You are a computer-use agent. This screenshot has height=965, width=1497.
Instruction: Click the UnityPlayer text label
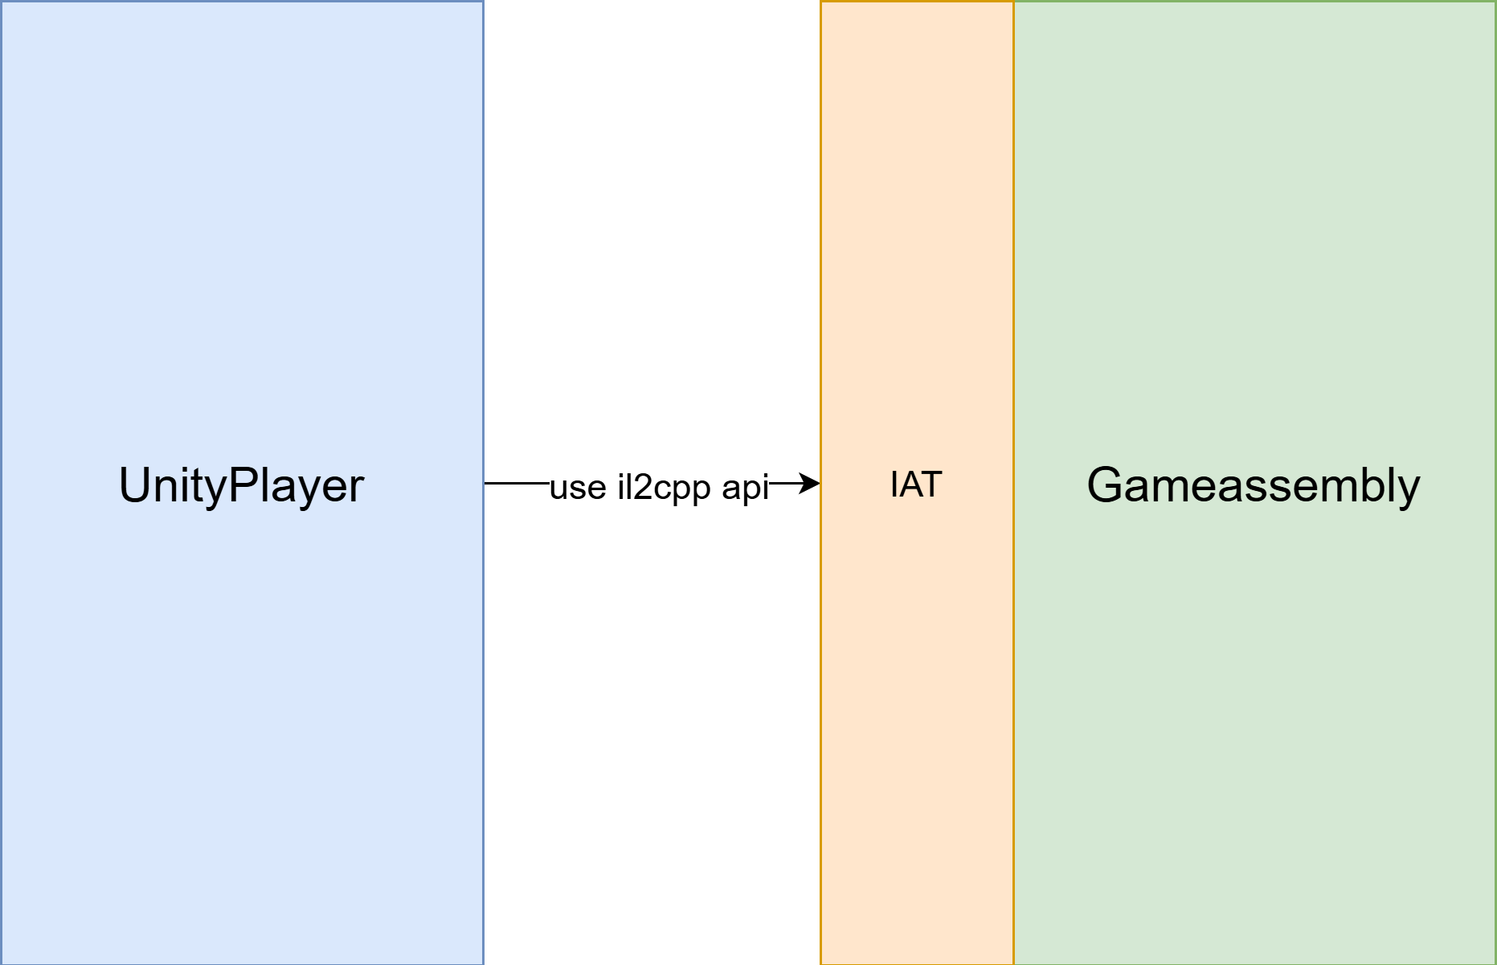pos(242,486)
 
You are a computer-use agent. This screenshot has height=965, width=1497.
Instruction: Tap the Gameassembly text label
pos(1254,486)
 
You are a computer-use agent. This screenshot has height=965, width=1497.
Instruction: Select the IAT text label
pos(916,485)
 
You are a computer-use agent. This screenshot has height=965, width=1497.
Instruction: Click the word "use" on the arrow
pos(578,488)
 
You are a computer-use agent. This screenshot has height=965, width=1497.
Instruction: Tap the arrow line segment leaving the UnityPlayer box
pos(517,483)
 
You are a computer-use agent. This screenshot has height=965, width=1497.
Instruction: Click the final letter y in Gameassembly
pos(1405,492)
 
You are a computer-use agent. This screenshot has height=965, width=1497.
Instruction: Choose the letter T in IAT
pos(931,485)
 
